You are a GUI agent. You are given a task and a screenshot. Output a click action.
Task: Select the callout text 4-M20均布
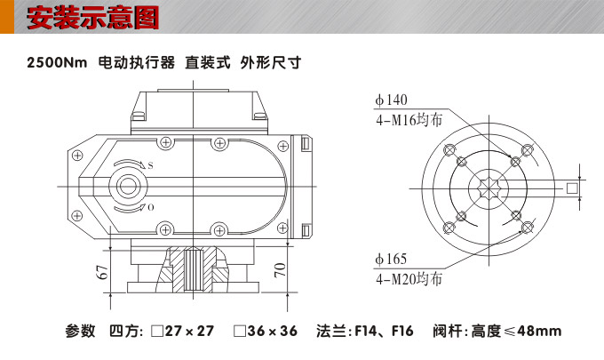[408, 278]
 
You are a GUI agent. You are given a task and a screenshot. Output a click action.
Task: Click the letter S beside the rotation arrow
[150, 166]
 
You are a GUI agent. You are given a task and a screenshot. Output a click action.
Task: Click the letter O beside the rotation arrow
[150, 207]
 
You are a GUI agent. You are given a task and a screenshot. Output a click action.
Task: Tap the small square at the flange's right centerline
[572, 188]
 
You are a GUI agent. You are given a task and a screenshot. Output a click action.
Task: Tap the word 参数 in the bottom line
[80, 332]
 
